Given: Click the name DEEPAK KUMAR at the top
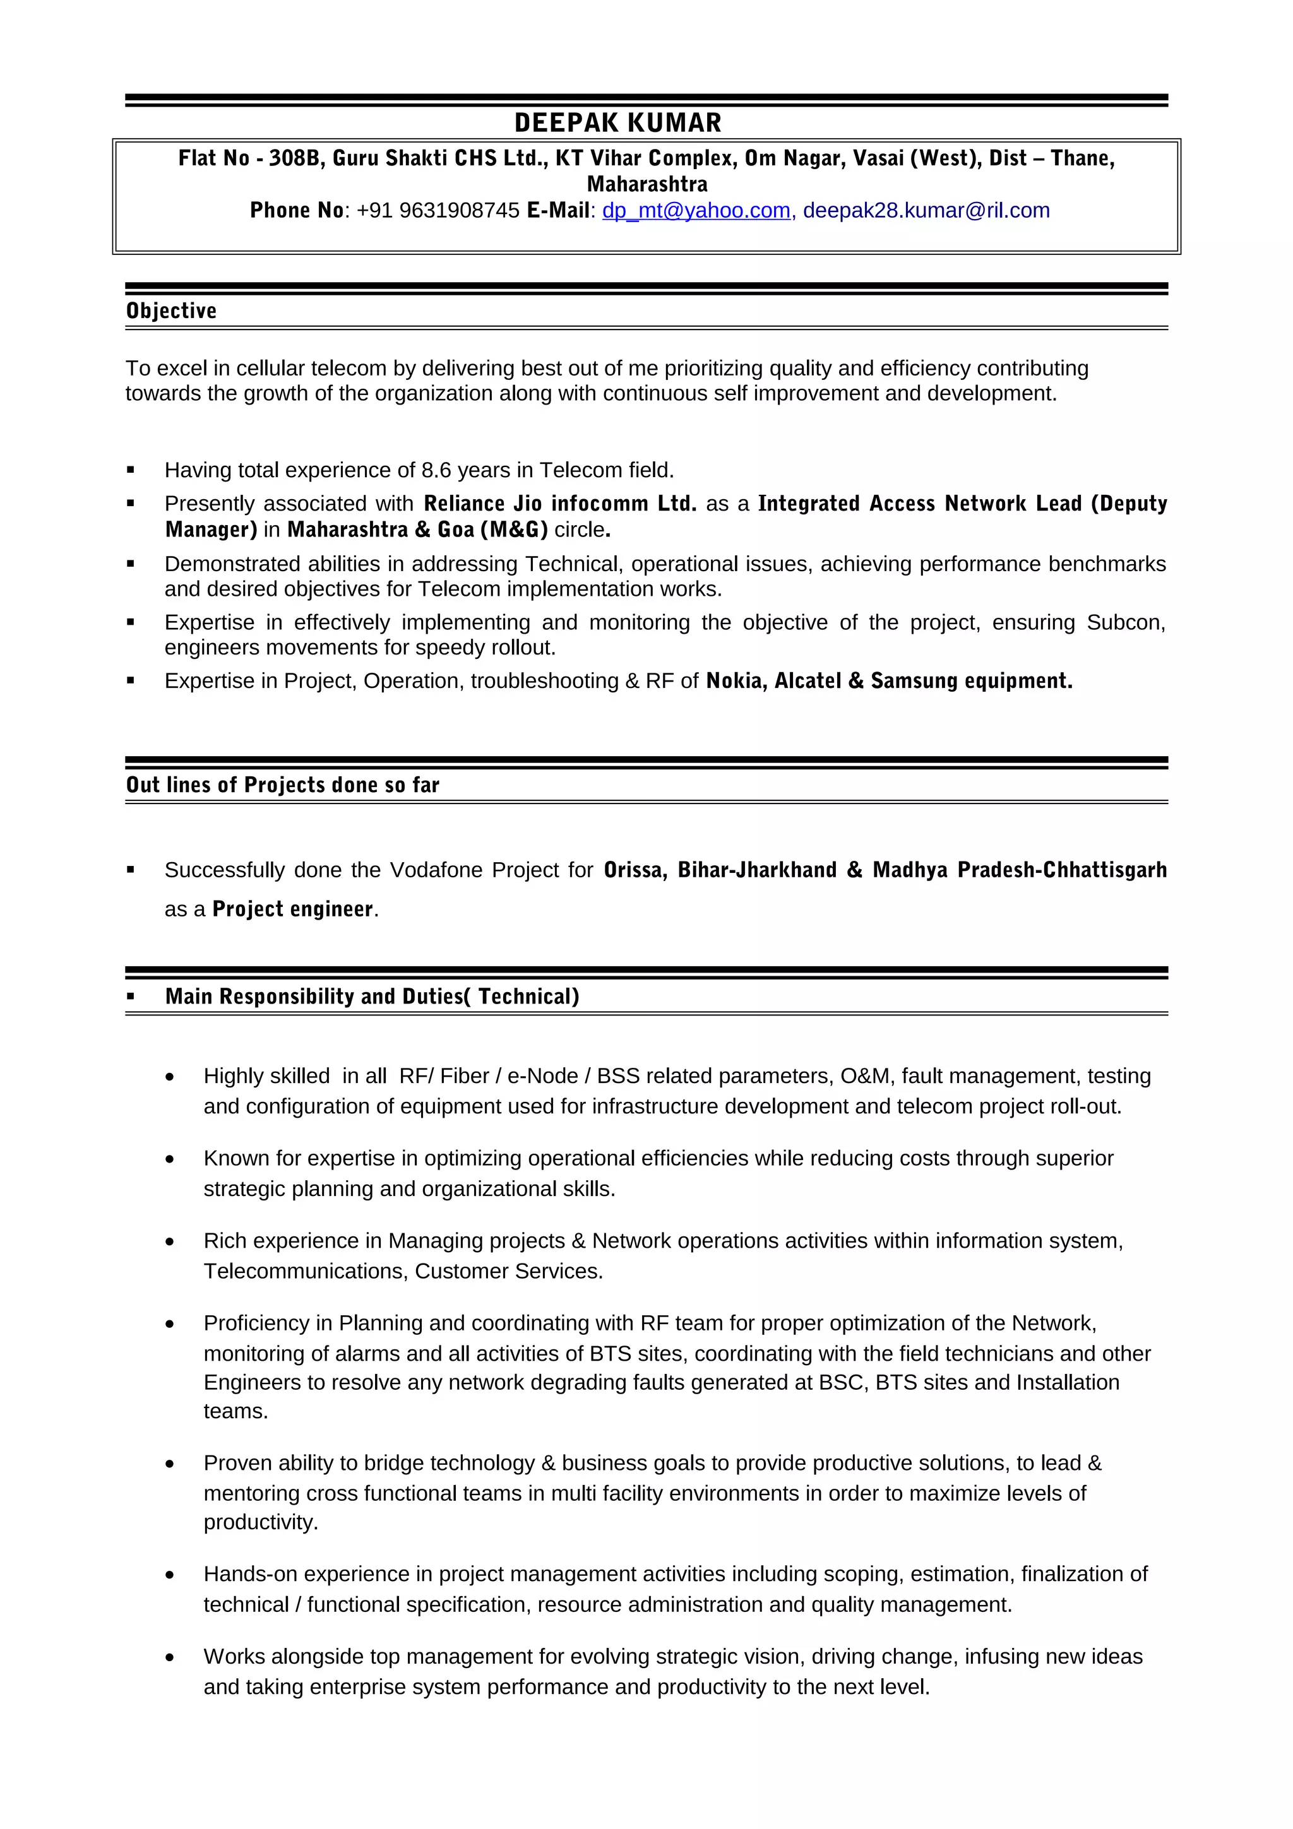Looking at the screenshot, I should [617, 122].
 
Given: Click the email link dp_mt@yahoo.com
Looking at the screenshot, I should [696, 210].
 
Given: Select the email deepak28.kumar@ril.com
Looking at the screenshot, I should [926, 210].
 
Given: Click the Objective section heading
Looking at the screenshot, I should [171, 311].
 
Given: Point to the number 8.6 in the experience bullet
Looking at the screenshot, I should [436, 470].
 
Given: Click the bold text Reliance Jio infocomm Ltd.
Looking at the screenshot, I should [559, 504].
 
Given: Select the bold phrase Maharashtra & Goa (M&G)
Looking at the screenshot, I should [417, 530].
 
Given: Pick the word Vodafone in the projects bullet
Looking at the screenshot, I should [436, 870].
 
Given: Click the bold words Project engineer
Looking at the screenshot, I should [292, 909].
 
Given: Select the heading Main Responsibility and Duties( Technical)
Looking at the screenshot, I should [371, 997].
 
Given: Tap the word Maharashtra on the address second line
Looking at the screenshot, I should [647, 184].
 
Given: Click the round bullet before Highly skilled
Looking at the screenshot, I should [170, 1077].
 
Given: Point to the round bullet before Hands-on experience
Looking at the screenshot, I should [170, 1575].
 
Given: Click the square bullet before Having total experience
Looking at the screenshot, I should [131, 470].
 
